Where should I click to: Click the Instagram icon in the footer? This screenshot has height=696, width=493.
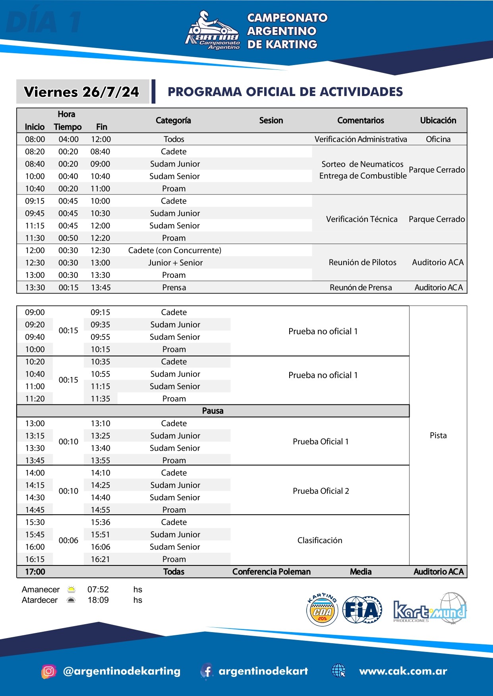(48, 671)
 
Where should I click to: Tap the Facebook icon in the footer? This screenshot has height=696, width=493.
(207, 671)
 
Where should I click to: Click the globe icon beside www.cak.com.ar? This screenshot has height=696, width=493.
(338, 671)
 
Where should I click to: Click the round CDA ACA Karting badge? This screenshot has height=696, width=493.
(322, 610)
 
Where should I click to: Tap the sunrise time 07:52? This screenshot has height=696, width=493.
(98, 589)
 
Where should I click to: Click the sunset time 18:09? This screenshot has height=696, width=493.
(98, 600)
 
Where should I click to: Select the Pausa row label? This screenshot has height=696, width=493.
(213, 411)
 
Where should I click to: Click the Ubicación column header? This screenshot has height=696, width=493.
(438, 120)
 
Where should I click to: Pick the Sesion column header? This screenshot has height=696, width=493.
(271, 120)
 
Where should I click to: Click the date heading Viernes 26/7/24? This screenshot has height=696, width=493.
(81, 92)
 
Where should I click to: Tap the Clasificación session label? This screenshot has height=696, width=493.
(320, 540)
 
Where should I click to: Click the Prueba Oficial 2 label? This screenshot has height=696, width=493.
(321, 491)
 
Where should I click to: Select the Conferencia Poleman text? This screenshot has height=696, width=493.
(271, 571)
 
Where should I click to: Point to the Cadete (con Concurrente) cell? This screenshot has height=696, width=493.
(174, 250)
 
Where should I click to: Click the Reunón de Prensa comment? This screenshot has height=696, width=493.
(361, 287)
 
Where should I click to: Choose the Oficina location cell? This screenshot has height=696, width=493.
(438, 139)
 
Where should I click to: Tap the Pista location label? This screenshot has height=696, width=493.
(438, 435)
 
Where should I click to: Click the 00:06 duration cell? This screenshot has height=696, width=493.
(68, 540)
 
